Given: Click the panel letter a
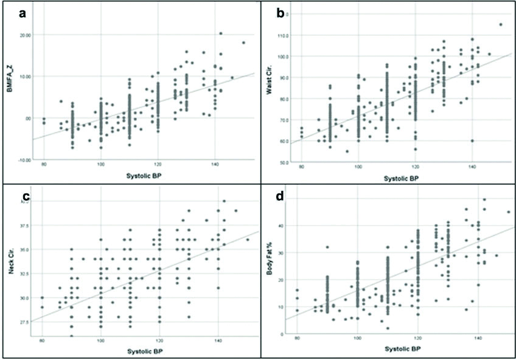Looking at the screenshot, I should click(x=23, y=14).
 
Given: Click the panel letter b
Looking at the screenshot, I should click(x=281, y=13).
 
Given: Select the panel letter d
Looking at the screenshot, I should click(x=281, y=197).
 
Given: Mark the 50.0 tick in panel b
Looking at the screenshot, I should click(x=284, y=163).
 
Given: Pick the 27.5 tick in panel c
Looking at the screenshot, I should click(x=24, y=321).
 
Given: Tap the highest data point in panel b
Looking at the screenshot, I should click(x=500, y=25).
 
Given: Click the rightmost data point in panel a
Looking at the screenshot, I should click(x=243, y=43).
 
